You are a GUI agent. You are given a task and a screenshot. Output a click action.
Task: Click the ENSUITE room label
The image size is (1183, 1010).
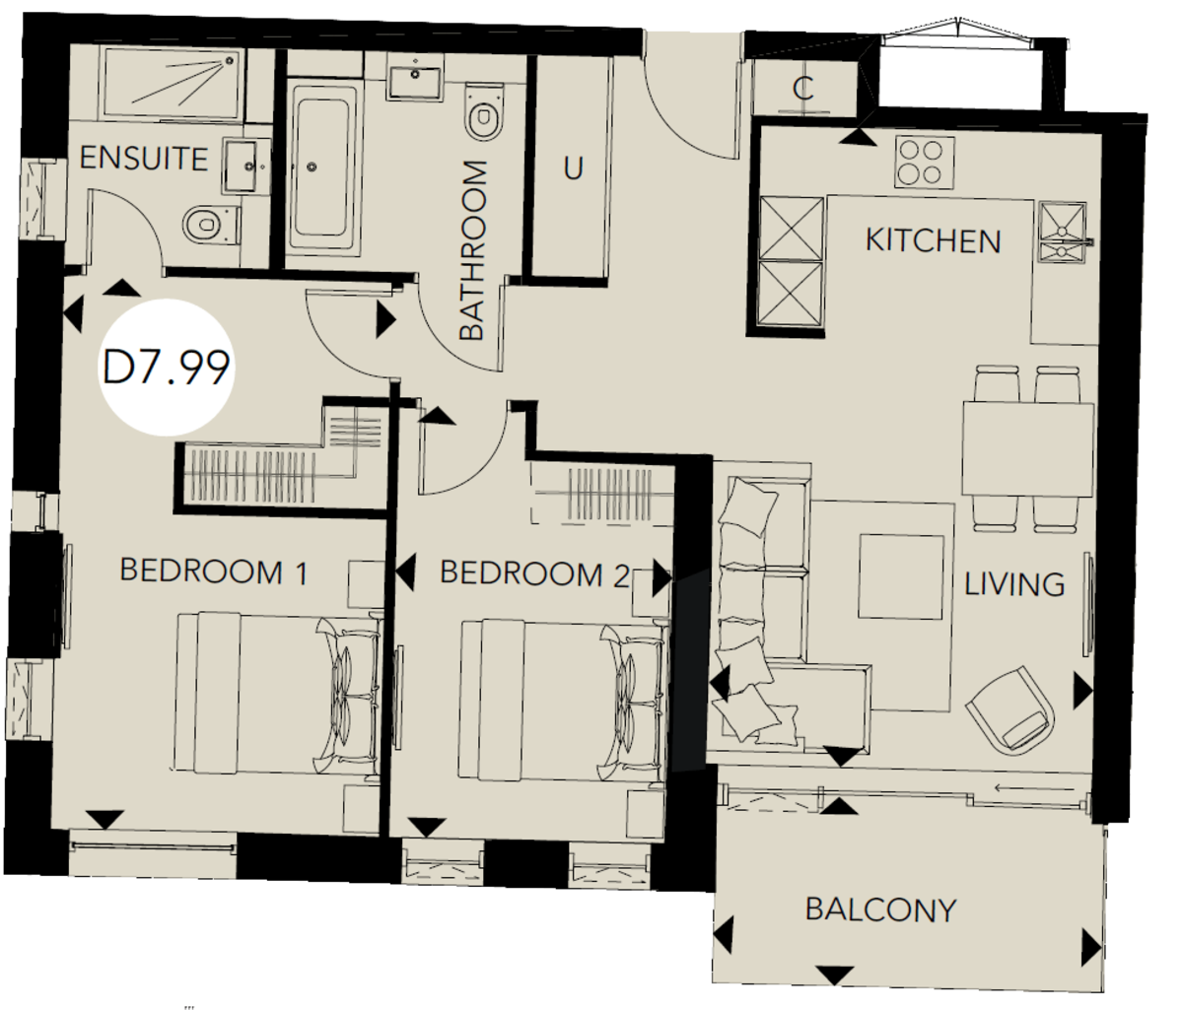[x=144, y=159]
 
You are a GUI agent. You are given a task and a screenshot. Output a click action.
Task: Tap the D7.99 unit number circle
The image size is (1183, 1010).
[x=167, y=367]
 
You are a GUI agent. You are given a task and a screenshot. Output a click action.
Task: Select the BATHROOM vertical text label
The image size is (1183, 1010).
[x=473, y=250]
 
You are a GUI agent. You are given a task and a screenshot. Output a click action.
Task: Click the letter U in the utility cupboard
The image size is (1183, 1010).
[x=573, y=168]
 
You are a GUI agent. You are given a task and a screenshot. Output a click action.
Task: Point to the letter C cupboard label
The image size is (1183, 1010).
[x=803, y=90]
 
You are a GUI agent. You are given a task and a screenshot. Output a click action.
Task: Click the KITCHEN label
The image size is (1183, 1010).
[x=933, y=240]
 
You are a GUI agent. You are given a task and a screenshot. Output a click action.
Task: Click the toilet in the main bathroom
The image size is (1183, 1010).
[x=483, y=118]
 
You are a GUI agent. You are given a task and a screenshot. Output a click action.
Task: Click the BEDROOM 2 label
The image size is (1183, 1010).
[x=533, y=573]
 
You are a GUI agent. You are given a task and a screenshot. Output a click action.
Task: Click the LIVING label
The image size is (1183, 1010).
[x=1013, y=584]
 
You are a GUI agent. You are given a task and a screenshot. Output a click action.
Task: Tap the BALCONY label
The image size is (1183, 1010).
[x=880, y=909]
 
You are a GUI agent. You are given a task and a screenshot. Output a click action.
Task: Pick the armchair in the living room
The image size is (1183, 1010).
[x=1014, y=709]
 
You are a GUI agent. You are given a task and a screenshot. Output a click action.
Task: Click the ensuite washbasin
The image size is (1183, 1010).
[x=242, y=165]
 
